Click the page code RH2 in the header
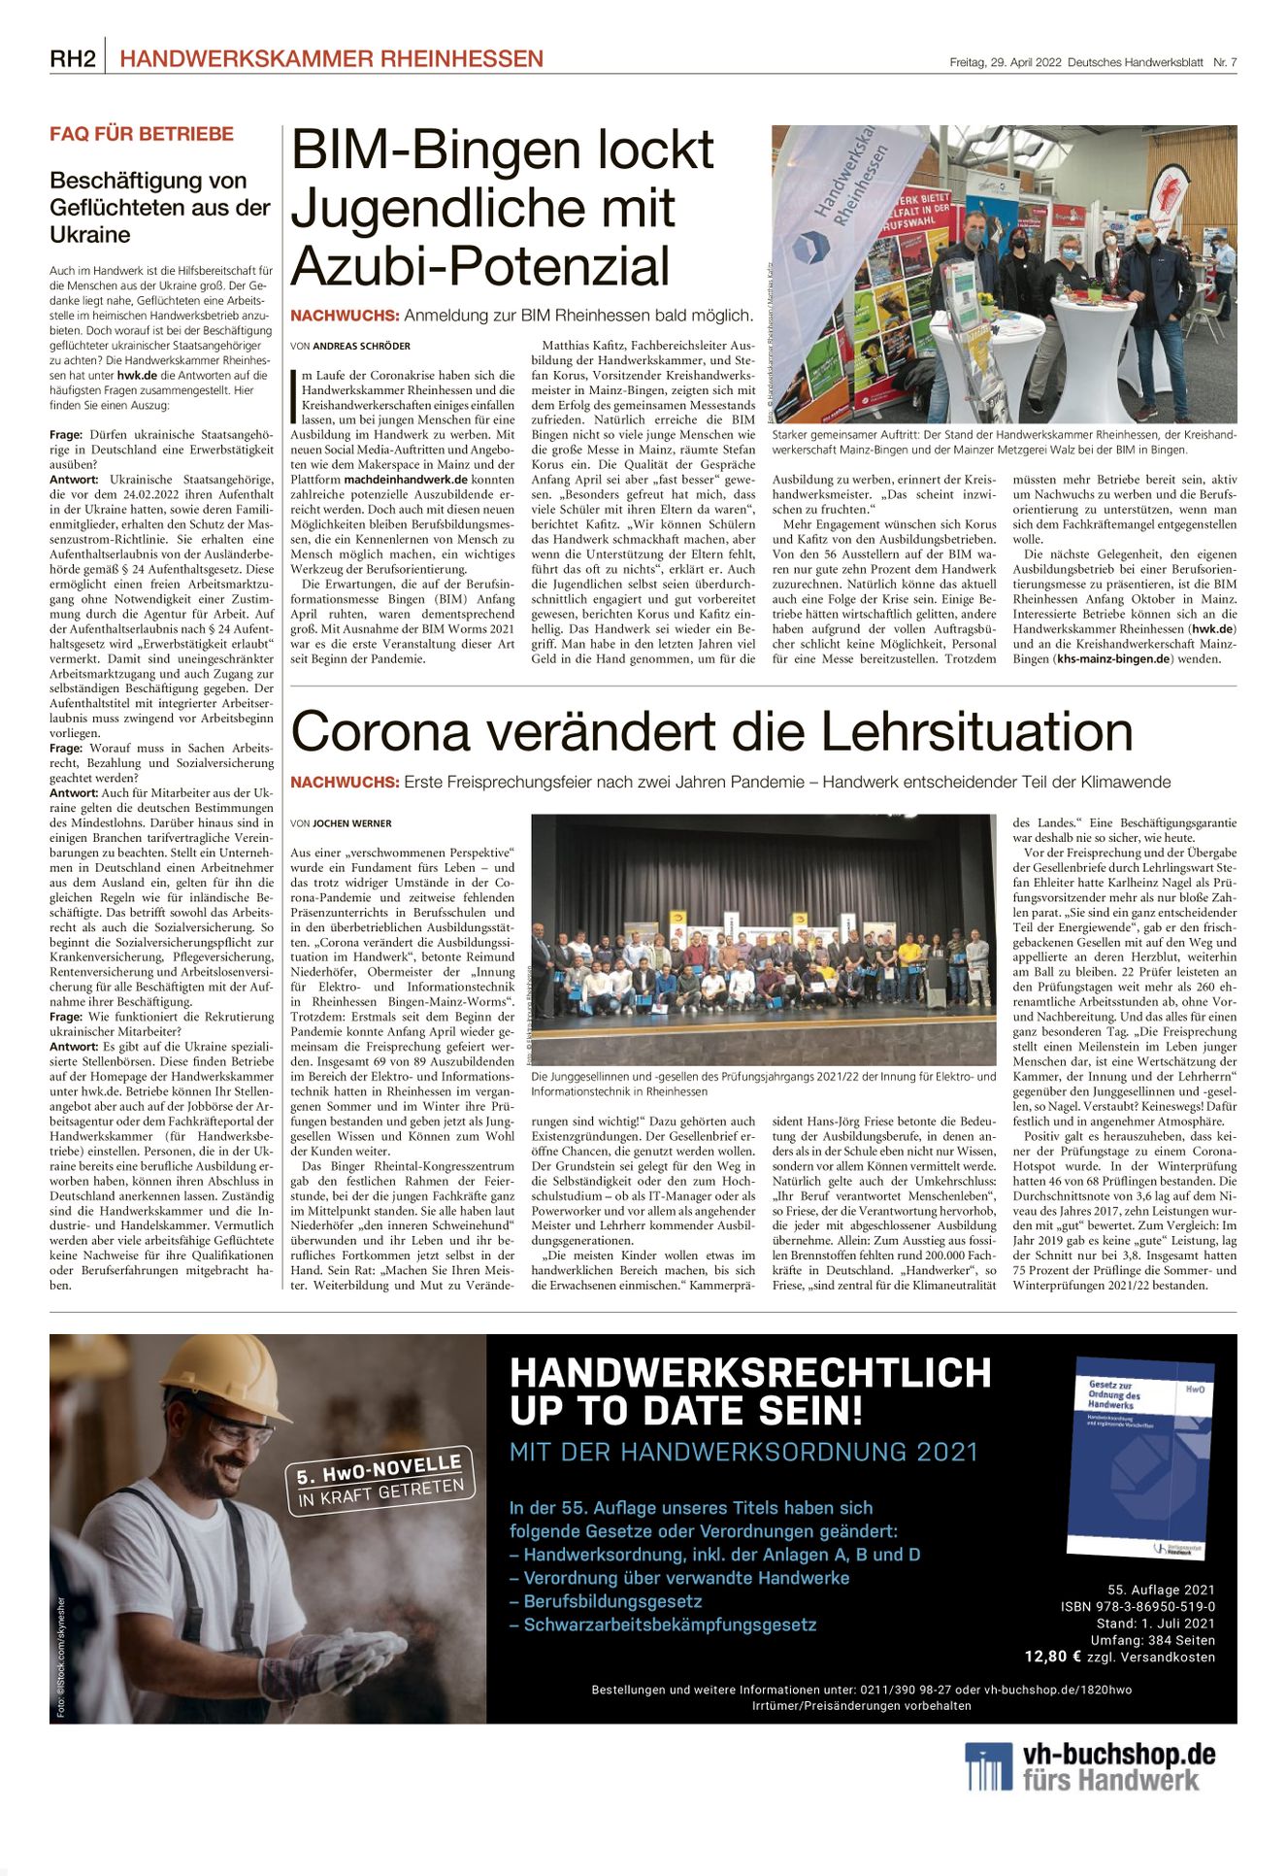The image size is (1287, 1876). tap(73, 59)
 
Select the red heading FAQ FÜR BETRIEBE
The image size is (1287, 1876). tap(142, 134)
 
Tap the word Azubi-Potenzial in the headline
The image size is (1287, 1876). tap(480, 265)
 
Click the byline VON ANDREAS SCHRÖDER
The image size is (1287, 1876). tap(350, 346)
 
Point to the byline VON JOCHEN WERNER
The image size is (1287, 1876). tap(341, 823)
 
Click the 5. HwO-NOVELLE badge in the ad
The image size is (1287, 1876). tap(381, 1480)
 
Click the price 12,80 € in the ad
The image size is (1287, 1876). tap(1053, 1657)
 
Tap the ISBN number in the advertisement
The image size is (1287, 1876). tap(1138, 1607)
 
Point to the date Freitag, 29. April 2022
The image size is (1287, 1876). tap(1005, 62)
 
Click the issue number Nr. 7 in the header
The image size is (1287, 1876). tap(1225, 62)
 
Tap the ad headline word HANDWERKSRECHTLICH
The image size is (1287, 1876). tap(749, 1373)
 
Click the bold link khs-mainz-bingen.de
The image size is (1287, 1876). tap(1115, 659)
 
